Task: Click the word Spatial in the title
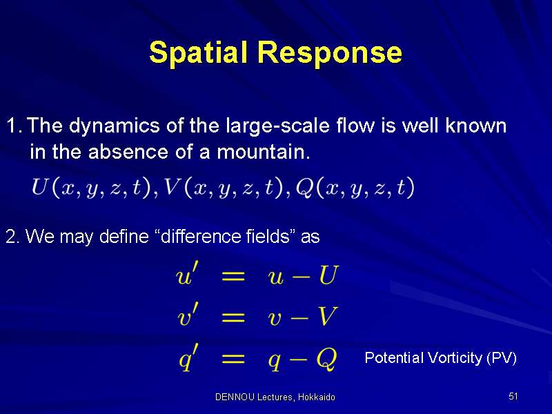pyautogui.click(x=197, y=53)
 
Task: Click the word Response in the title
pyautogui.click(x=330, y=53)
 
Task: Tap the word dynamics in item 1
pyautogui.click(x=115, y=126)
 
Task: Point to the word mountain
pyautogui.click(x=264, y=152)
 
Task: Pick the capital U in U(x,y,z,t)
pyautogui.click(x=39, y=186)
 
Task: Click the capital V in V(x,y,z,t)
pyautogui.click(x=171, y=186)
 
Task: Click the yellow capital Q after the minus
pyautogui.click(x=327, y=359)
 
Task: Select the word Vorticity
pyautogui.click(x=455, y=357)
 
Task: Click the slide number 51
pyautogui.click(x=513, y=396)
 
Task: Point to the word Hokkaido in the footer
pyautogui.click(x=317, y=397)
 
